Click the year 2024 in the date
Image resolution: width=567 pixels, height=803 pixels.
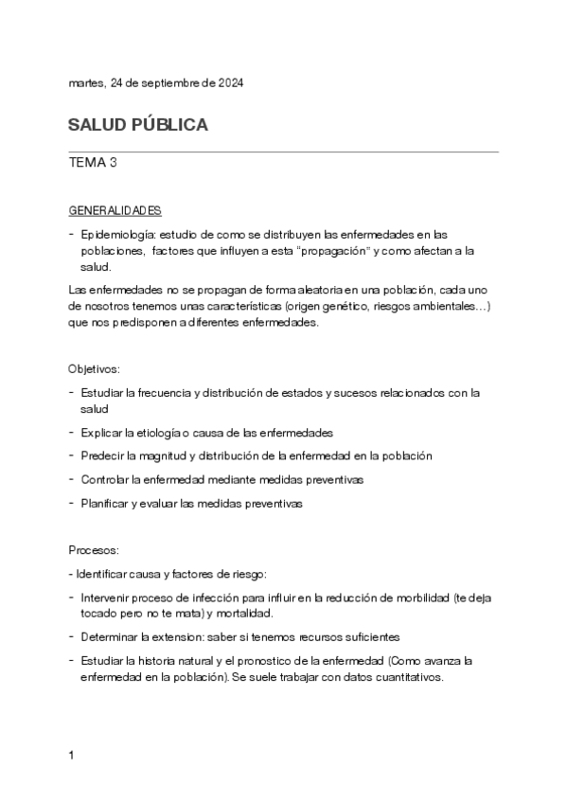coord(231,83)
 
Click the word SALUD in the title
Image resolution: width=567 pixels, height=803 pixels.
coord(93,126)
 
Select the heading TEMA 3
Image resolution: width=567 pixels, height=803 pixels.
coord(93,162)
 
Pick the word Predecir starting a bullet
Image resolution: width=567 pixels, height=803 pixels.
coord(104,455)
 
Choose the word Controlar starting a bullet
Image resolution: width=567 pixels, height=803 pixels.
coord(106,479)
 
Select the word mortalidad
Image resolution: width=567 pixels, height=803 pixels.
coord(243,614)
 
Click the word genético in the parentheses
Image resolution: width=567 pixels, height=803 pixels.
coord(356,307)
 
